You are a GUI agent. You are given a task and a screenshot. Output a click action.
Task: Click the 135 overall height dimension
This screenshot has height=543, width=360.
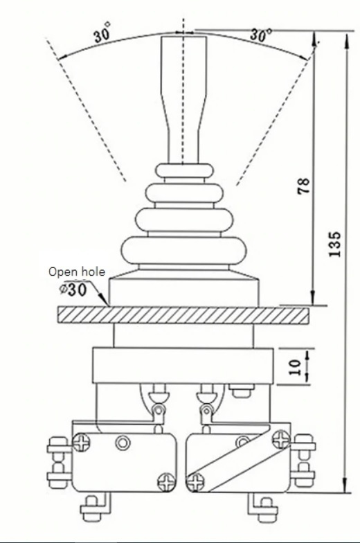coord(335,244)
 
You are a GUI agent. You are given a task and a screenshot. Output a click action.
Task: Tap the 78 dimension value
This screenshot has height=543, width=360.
coord(303,186)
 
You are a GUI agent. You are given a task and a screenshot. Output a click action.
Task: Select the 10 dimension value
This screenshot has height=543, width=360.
coord(295,367)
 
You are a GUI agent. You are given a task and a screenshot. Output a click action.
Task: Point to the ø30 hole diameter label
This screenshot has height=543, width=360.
coord(72,290)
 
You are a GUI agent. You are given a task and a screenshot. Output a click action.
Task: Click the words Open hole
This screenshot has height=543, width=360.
coord(76,271)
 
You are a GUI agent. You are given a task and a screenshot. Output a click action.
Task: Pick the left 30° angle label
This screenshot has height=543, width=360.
coord(102,33)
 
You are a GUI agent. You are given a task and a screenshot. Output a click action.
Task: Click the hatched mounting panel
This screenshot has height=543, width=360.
coord(183,315)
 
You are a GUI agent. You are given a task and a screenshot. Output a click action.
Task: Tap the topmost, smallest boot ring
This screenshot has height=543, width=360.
coord(184,170)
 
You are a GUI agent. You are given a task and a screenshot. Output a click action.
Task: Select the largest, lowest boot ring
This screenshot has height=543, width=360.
coord(184,251)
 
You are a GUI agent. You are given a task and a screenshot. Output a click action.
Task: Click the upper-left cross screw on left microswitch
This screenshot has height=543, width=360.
coord(82,442)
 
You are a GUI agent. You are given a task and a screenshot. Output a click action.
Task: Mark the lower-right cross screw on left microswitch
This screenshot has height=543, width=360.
coord(166,482)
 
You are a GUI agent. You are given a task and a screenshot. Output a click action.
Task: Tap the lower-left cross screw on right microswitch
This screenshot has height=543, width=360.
coord(195,482)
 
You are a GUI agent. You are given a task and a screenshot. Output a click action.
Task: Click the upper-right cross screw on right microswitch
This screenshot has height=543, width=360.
coord(281,439)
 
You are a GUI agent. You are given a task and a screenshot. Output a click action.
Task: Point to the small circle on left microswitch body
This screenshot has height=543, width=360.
coord(123,443)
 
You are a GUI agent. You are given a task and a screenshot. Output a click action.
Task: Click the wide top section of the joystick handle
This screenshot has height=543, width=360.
coord(184,65)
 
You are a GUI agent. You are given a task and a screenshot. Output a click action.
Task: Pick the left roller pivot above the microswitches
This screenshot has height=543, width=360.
coord(158,410)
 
